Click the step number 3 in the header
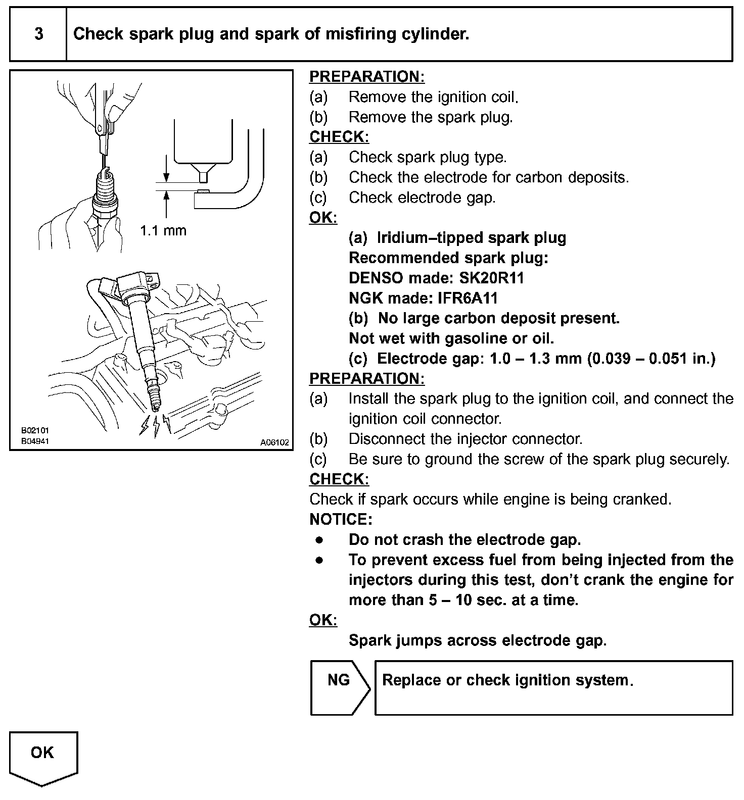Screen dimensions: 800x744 [x=39, y=34]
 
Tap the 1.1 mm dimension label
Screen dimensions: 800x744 [x=163, y=231]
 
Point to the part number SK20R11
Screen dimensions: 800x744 [x=492, y=278]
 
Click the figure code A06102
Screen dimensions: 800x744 [x=274, y=442]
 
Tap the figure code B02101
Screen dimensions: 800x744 [x=35, y=431]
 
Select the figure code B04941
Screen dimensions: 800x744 [x=35, y=441]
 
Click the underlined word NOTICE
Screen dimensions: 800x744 [x=340, y=519]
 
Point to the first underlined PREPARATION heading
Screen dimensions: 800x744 [x=367, y=77]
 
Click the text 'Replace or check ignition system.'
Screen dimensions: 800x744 [x=507, y=680]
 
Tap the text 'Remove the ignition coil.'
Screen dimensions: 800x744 [x=434, y=97]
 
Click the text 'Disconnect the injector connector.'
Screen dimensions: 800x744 [x=466, y=439]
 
